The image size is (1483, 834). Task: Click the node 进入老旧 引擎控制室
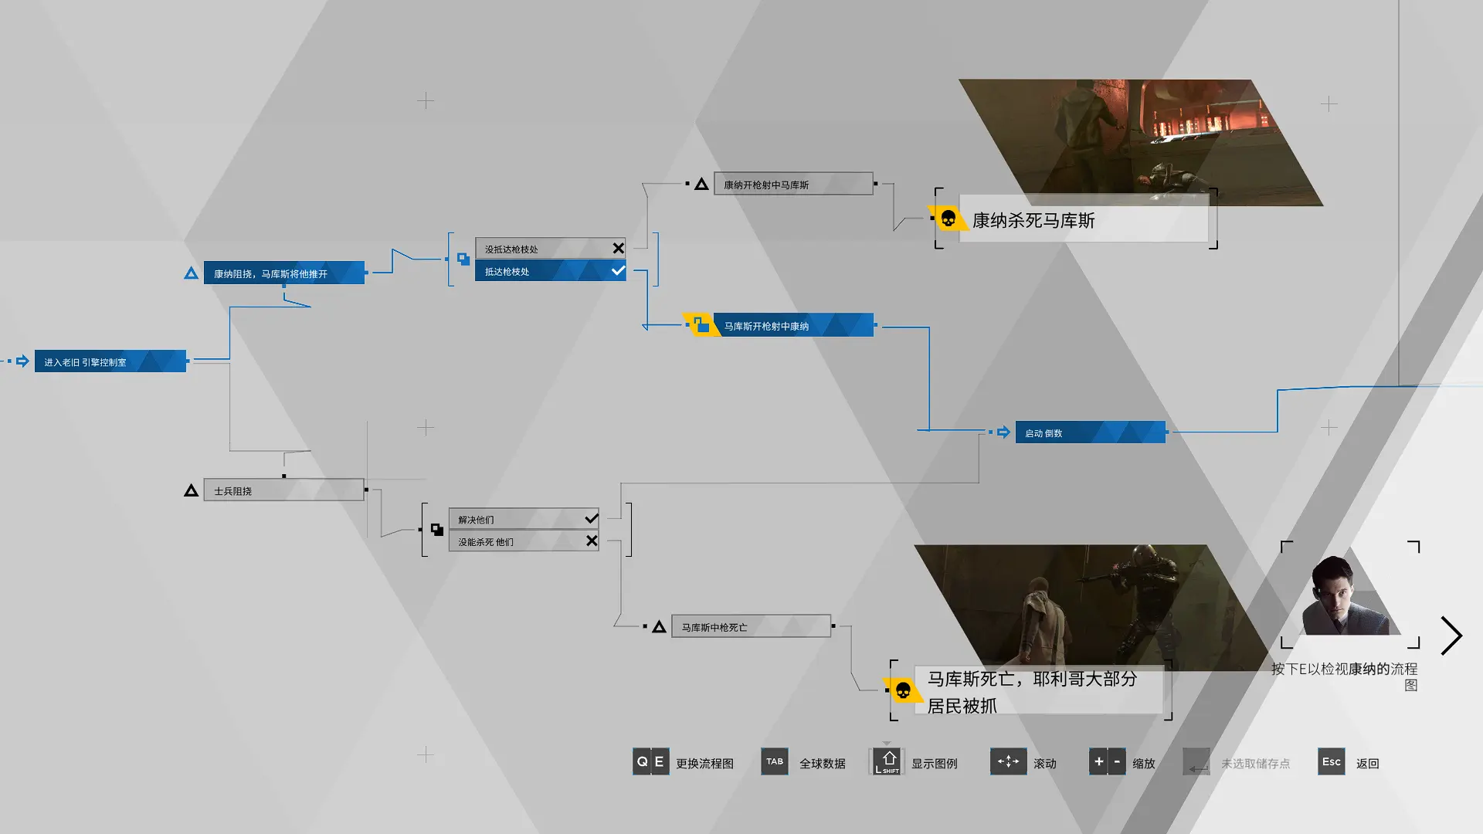point(110,361)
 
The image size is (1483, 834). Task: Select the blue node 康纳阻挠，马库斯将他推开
point(283,273)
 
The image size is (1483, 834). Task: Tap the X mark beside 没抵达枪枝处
point(618,249)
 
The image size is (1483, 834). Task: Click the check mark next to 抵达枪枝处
point(618,271)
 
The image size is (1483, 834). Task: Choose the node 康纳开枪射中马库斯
point(793,185)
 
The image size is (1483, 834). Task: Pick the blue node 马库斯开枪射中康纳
point(793,325)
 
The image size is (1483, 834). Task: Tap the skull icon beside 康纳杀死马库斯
point(948,219)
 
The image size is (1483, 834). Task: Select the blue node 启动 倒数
point(1090,432)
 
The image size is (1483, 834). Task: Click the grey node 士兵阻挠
point(283,490)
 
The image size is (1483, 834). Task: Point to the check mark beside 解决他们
point(592,518)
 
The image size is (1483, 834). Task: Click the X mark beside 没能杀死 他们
point(592,541)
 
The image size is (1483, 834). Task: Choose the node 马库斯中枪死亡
point(751,626)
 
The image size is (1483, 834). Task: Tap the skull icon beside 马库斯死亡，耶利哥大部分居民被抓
point(902,690)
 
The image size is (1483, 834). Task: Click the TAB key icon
point(775,762)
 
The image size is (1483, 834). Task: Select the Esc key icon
point(1332,762)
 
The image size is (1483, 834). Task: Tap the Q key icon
point(642,762)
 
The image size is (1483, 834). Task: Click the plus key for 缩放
point(1098,762)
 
